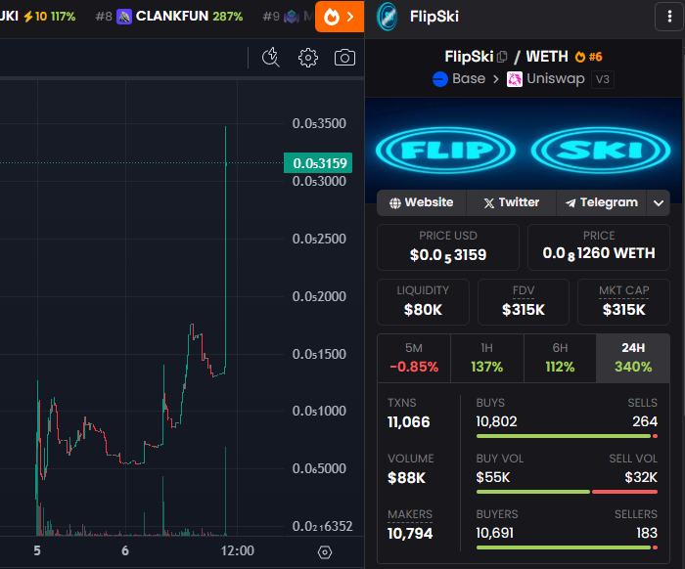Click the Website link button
[x=422, y=202]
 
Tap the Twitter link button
[x=512, y=202]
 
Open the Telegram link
[x=602, y=202]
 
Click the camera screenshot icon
[x=344, y=58]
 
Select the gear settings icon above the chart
[x=308, y=58]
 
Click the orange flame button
[x=340, y=17]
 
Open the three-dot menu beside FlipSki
[x=669, y=17]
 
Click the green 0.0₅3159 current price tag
[x=318, y=162]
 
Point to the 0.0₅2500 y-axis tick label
[x=319, y=239]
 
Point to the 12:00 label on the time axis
[x=237, y=550]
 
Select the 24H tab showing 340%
[x=633, y=358]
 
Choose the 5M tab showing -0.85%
[x=414, y=358]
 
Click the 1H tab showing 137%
[x=486, y=358]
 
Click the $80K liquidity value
[x=423, y=310]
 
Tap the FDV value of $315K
[x=524, y=310]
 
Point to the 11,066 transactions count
[x=408, y=422]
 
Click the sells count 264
[x=645, y=421]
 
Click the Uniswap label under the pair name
[x=555, y=79]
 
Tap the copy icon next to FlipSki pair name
[x=502, y=57]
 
